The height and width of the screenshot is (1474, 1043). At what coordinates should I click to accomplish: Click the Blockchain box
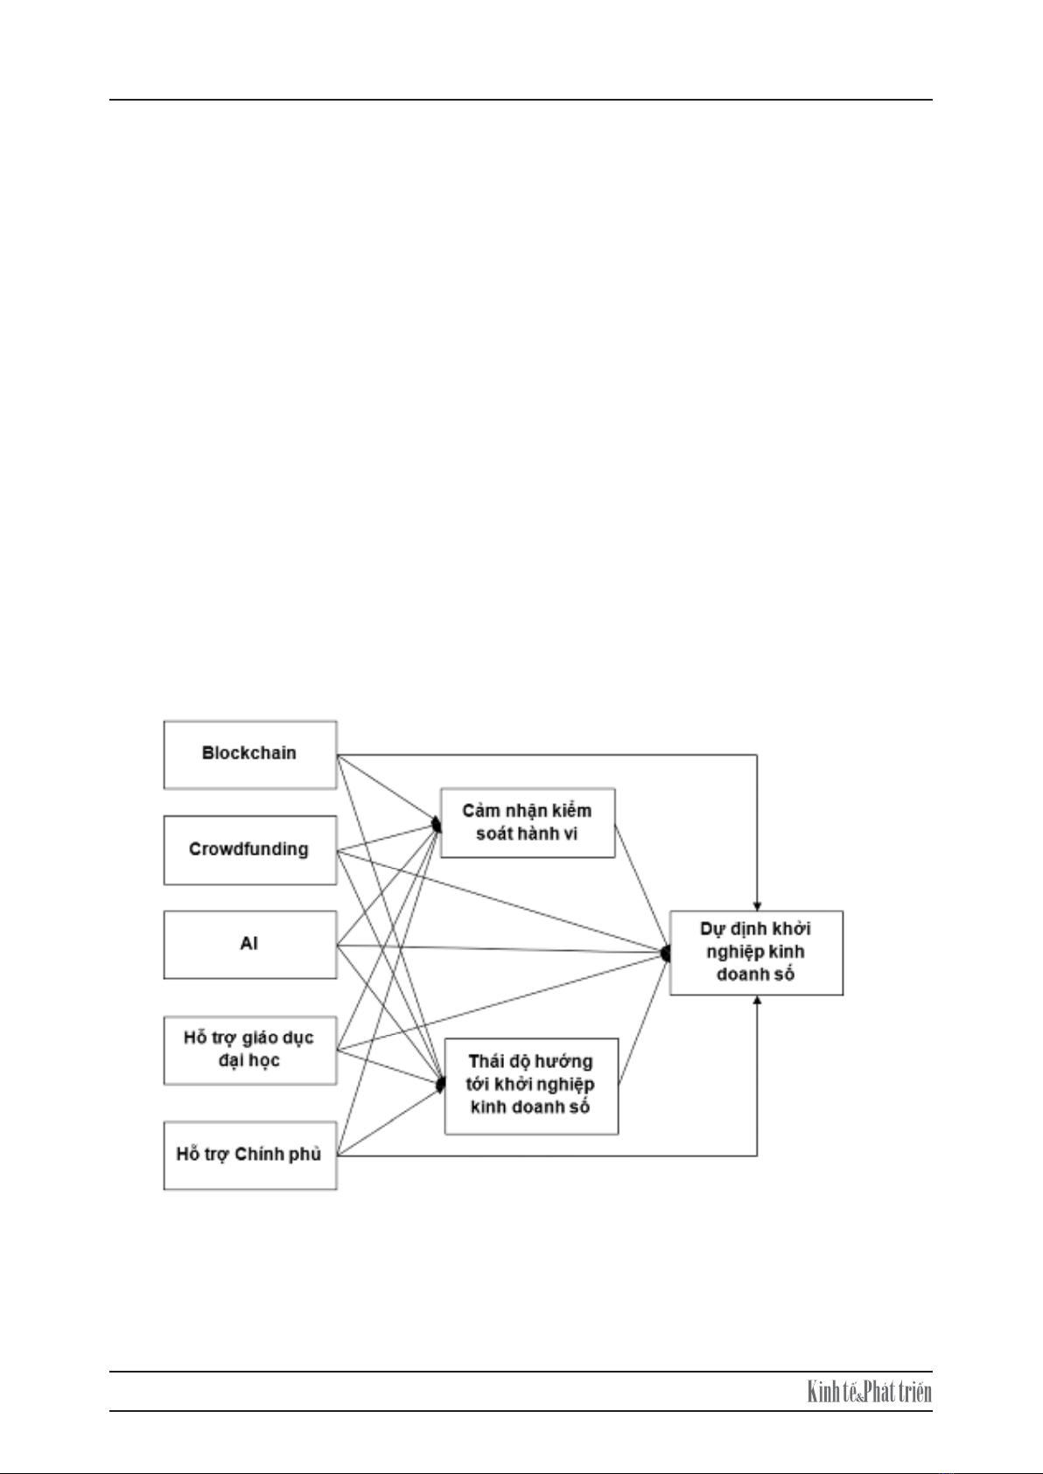[x=250, y=755]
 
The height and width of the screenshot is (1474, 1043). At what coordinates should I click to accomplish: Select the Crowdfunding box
[x=250, y=850]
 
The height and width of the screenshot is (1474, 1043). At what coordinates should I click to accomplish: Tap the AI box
[x=250, y=945]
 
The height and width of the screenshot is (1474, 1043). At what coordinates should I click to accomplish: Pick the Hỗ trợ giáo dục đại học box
[x=250, y=1051]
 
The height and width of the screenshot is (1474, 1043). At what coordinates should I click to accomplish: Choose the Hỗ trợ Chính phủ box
[x=250, y=1156]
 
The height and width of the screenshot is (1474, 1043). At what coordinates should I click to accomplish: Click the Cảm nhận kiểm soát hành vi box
[x=528, y=822]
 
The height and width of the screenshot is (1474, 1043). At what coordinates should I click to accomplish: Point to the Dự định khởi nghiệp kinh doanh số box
[x=757, y=953]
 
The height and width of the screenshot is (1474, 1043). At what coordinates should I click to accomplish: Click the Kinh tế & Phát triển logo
[x=869, y=1393]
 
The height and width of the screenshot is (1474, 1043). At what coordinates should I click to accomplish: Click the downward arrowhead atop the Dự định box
[x=758, y=906]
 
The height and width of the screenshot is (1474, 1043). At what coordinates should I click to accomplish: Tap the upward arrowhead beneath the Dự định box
[x=758, y=1000]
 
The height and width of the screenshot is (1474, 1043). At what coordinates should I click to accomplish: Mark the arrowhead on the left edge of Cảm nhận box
[x=436, y=823]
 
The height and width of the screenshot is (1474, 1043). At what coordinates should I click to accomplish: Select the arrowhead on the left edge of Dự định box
[x=665, y=953]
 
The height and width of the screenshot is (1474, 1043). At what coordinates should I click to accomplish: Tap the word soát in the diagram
[x=492, y=834]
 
